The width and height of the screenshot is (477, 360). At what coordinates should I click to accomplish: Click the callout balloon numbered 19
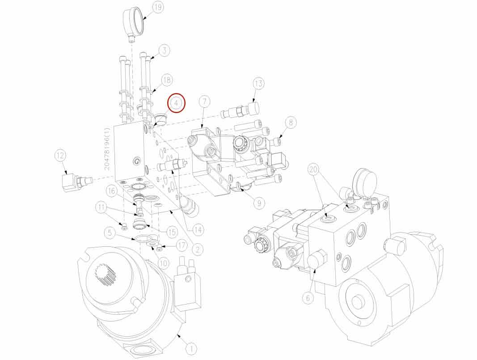tap(157, 8)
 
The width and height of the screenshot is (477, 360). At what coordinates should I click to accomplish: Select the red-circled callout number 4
tap(177, 103)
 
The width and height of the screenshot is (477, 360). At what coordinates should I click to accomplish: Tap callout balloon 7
tap(204, 102)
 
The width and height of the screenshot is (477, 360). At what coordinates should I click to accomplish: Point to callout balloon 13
tap(258, 84)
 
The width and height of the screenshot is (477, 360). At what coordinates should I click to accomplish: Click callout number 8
tap(291, 123)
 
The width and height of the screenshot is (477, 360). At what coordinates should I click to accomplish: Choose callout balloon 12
tap(60, 156)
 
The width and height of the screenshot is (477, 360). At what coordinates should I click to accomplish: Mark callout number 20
tap(314, 170)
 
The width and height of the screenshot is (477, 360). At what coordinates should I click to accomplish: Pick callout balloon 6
tap(308, 298)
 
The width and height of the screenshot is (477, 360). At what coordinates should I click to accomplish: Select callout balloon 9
tap(259, 203)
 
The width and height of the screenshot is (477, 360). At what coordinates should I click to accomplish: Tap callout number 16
tap(111, 191)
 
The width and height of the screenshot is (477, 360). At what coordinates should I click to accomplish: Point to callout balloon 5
tap(110, 233)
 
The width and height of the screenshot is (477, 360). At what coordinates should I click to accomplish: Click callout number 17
tap(182, 246)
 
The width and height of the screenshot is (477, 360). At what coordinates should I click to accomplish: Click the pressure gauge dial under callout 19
tap(133, 23)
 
